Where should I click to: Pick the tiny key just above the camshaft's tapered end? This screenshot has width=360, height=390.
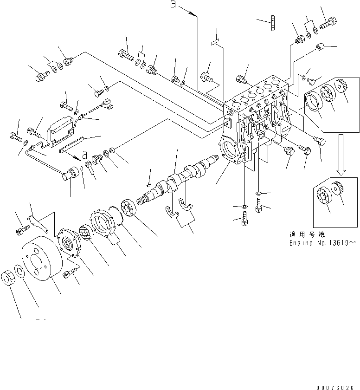[148, 185]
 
